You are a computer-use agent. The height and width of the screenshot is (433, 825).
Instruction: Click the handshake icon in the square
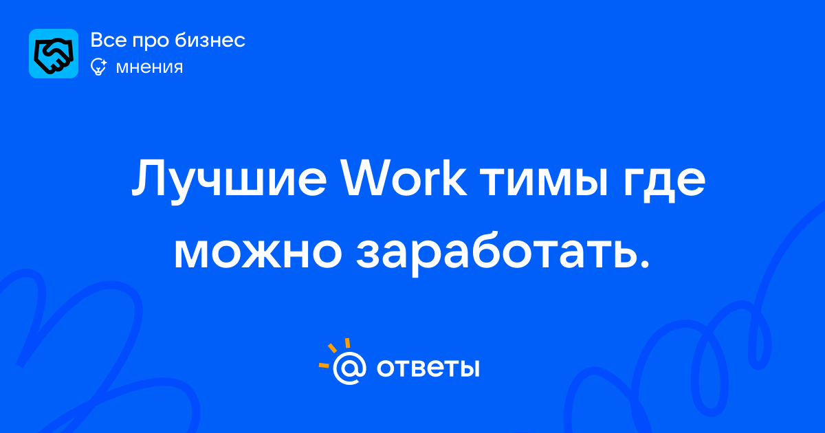pyautogui.click(x=54, y=54)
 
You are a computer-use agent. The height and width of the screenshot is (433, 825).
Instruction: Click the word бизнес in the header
pyautogui.click(x=210, y=40)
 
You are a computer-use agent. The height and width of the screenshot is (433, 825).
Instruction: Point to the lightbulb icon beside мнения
pyautogui.click(x=98, y=67)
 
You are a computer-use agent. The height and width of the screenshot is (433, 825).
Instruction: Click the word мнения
pyautogui.click(x=149, y=67)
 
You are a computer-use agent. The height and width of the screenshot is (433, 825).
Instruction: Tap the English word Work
pyautogui.click(x=404, y=177)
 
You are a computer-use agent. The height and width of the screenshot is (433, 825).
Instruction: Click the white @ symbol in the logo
pyautogui.click(x=349, y=368)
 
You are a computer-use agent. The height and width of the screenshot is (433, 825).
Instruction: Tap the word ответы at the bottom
pyautogui.click(x=428, y=368)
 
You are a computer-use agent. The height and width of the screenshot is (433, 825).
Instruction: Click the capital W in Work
pyautogui.click(x=370, y=177)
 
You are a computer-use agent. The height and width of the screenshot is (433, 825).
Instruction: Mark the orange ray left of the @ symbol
pyautogui.click(x=324, y=365)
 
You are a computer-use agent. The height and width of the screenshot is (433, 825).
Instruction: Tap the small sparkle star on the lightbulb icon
pyautogui.click(x=103, y=63)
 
